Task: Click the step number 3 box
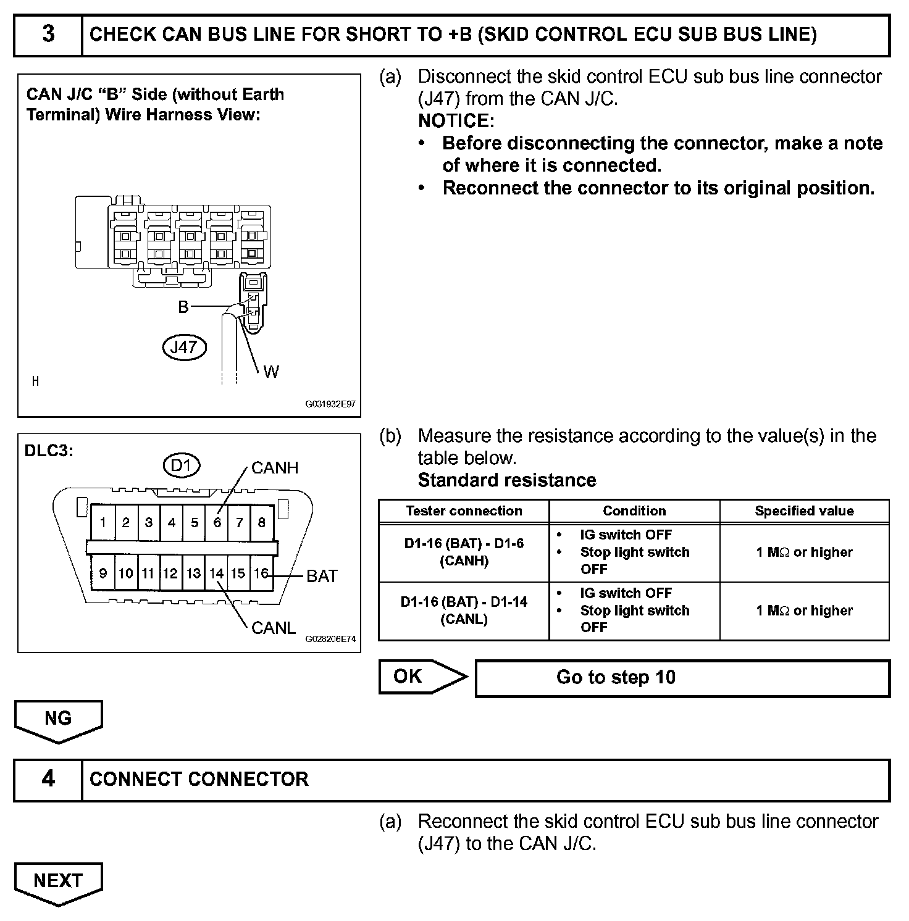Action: [48, 35]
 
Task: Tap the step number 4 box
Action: [48, 779]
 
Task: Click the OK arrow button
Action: [422, 677]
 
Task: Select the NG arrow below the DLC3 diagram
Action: [58, 719]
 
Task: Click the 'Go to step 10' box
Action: [682, 678]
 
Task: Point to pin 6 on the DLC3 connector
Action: [217, 523]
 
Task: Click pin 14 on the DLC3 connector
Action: [216, 573]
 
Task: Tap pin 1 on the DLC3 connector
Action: [103, 523]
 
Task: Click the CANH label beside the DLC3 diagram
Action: [275, 468]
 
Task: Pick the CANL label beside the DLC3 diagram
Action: [274, 628]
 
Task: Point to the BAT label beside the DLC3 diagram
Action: [322, 576]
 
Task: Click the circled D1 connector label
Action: [181, 465]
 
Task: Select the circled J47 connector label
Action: [183, 347]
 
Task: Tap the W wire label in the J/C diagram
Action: [270, 372]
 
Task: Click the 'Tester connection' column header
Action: [464, 511]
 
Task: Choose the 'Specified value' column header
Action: [804, 511]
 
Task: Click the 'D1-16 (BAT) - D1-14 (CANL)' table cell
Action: [464, 611]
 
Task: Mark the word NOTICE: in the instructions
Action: [456, 121]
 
